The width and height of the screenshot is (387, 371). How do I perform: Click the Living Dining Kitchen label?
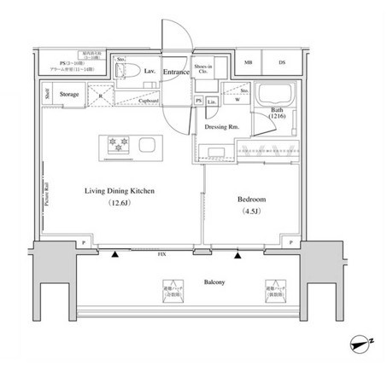(119, 192)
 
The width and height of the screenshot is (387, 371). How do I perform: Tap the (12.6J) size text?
(119, 204)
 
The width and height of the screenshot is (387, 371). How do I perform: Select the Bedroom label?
(252, 199)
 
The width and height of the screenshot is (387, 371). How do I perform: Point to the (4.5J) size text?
(252, 212)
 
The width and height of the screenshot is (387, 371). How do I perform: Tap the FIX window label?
(161, 254)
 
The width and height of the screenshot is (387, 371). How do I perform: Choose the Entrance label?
(177, 72)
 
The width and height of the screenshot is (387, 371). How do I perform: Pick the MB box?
(249, 62)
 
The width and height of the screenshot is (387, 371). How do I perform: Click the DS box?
(282, 62)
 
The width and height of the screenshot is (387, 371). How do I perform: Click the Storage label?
(70, 94)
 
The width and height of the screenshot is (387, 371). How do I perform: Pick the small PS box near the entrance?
(199, 101)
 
